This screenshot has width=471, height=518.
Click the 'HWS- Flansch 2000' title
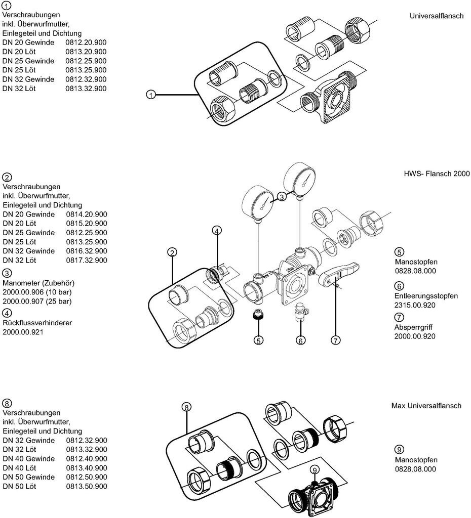point(437,174)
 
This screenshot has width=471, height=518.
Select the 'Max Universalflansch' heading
point(426,406)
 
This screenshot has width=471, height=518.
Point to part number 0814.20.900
point(86,214)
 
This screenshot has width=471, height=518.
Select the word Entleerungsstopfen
point(426,296)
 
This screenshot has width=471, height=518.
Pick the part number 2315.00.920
point(415,305)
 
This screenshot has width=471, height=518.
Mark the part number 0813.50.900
point(86,487)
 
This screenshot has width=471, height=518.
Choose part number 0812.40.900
point(86,459)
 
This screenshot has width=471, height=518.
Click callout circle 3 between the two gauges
point(282,197)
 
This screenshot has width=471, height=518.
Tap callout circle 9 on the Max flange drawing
point(315,470)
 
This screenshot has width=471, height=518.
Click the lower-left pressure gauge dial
point(262,202)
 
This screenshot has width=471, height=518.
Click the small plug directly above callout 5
point(258,316)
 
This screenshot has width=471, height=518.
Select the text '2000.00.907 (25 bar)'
point(37,301)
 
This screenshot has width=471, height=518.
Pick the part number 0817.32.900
point(86,261)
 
